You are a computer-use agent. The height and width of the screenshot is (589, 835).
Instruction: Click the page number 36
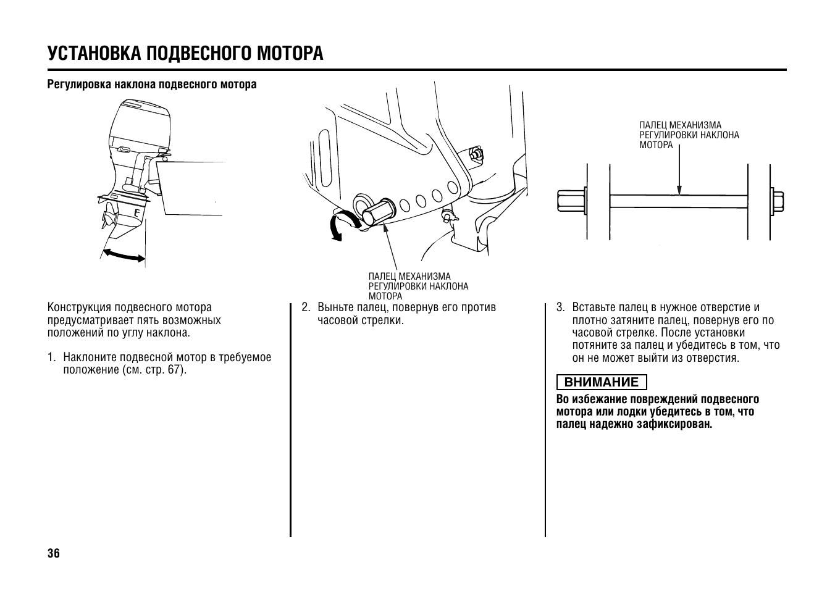54,553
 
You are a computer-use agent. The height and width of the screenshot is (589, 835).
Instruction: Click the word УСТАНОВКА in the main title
94,53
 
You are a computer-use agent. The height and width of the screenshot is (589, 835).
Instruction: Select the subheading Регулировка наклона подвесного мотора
152,85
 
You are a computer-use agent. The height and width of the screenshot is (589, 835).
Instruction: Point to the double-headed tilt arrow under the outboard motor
124,254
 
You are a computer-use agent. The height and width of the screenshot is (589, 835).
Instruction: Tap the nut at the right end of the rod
777,201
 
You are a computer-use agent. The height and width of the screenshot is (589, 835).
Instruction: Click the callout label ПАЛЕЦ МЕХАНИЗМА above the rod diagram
680,125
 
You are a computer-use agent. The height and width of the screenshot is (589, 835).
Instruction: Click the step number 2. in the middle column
306,307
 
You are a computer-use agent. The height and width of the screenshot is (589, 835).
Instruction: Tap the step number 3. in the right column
561,307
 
